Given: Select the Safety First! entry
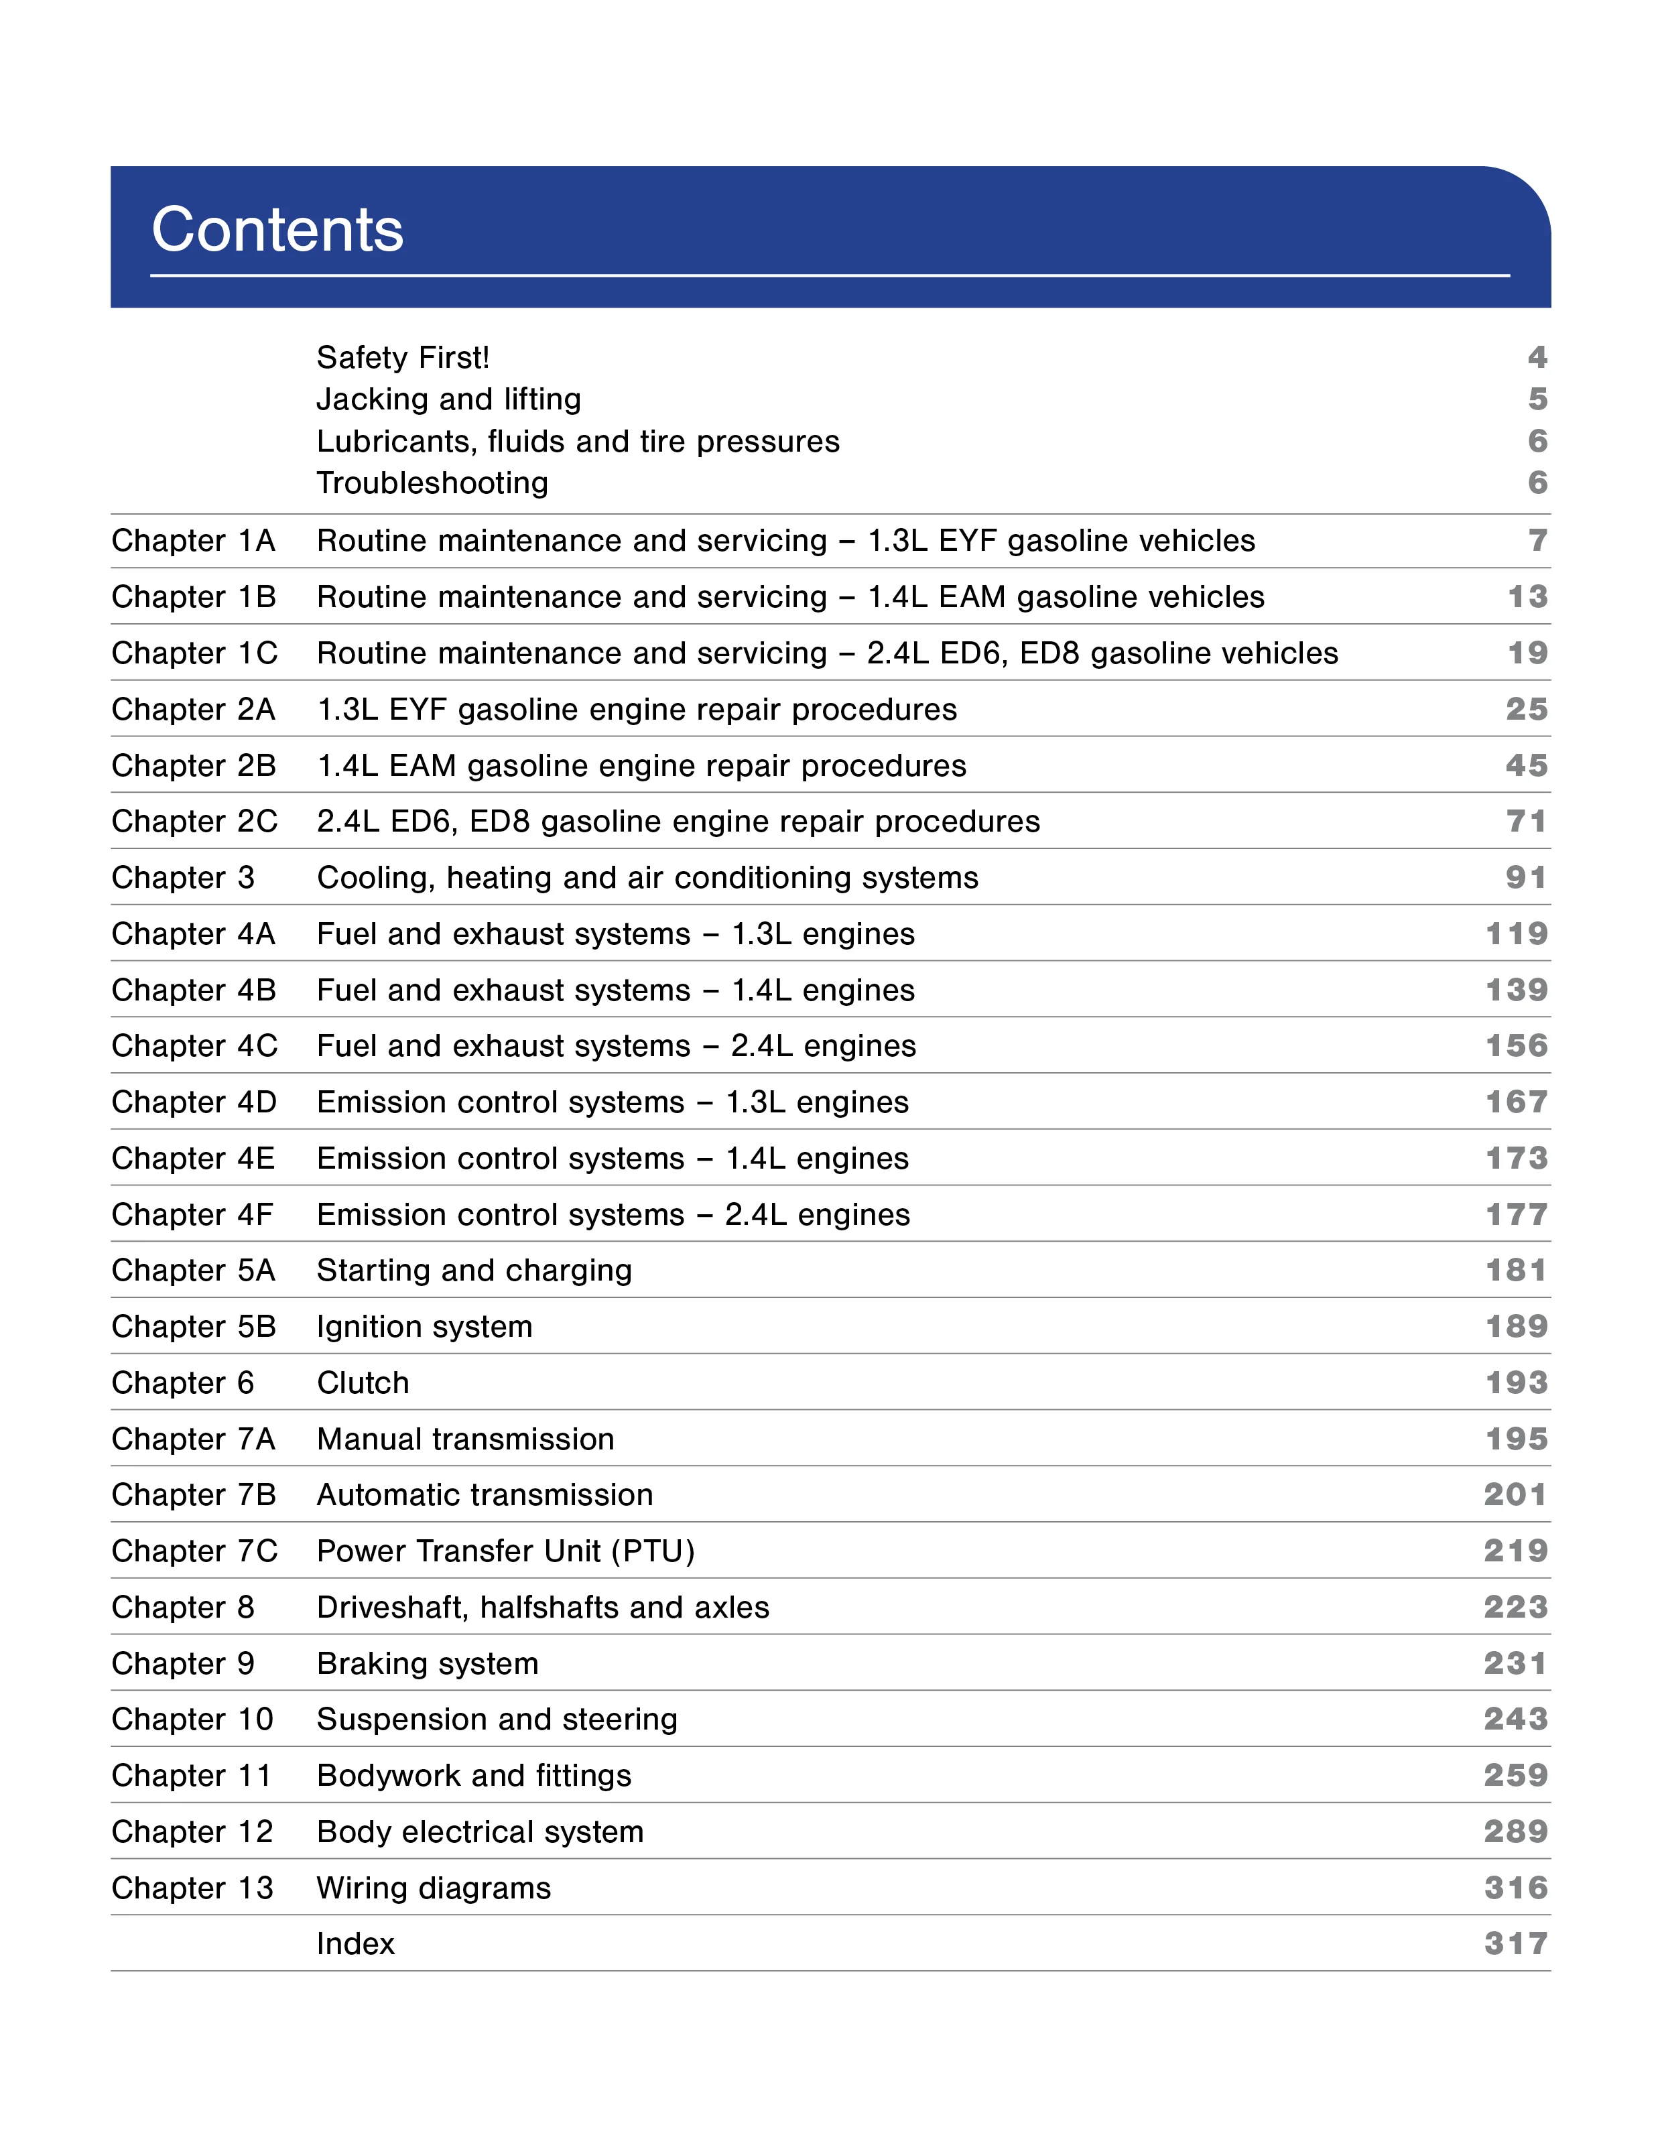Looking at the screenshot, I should pos(402,357).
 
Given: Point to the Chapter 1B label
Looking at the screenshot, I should pos(194,597).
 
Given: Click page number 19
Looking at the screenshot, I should pos(1527,653).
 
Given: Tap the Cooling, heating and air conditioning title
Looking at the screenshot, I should pos(647,878).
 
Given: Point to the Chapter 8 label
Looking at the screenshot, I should pos(182,1607).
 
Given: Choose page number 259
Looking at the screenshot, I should pos(1515,1775).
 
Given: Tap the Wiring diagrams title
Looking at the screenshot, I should pos(434,1888).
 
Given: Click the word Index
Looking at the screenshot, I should pos(355,1943).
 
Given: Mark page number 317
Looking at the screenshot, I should pos(1515,1943).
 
